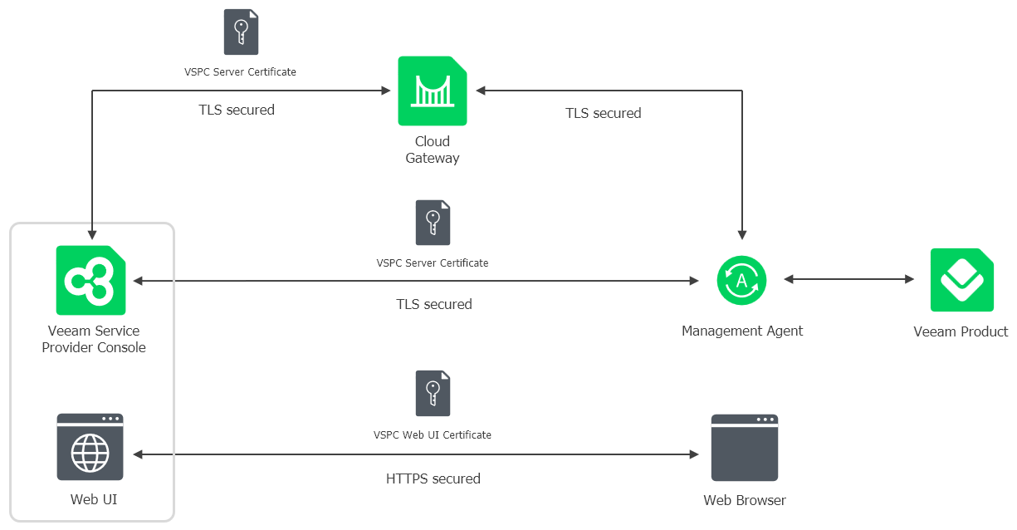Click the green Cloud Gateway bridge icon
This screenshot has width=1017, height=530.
(432, 91)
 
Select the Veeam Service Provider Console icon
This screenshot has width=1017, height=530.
(90, 280)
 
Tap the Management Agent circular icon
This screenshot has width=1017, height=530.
(741, 280)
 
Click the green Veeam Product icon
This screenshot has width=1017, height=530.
(961, 280)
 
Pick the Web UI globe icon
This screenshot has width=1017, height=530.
(90, 447)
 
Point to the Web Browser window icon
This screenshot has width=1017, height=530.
(744, 447)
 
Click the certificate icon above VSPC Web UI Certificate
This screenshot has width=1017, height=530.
(433, 393)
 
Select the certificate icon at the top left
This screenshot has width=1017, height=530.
(241, 32)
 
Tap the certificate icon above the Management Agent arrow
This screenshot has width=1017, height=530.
(433, 222)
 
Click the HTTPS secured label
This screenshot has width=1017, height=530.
(433, 478)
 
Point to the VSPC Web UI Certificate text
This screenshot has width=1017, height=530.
(433, 434)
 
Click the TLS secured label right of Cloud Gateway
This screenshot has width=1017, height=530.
(603, 113)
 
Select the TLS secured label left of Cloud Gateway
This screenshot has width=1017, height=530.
(236, 110)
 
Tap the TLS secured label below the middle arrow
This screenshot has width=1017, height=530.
(433, 304)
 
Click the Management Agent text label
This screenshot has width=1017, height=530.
(742, 331)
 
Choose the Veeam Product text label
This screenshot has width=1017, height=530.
(961, 331)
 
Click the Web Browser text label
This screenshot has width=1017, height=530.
(744, 500)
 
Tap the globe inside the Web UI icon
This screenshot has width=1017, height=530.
(90, 453)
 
